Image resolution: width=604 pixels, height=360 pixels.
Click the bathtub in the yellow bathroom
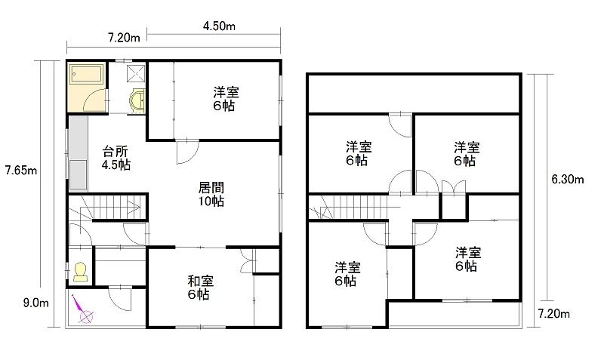(87, 73)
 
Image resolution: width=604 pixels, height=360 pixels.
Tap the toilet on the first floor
(80, 272)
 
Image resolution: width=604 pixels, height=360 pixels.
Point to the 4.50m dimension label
(219, 26)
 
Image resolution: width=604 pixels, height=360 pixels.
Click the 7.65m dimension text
(21, 170)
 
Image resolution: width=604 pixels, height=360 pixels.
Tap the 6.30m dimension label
(568, 179)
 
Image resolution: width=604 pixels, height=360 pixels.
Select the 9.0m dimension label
(35, 303)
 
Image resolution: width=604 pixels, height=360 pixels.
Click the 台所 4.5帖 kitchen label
(116, 158)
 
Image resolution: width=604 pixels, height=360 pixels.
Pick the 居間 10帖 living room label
(211, 195)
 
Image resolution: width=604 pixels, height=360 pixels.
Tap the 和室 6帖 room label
(200, 288)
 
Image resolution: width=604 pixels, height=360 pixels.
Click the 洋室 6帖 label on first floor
(226, 99)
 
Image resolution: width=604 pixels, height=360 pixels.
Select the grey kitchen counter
(79, 153)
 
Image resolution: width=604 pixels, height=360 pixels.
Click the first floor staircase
(105, 207)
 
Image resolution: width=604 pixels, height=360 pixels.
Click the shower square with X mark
(137, 72)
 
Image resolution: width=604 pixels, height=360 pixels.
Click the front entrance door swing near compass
(120, 297)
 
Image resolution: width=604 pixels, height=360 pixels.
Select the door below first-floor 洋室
(187, 152)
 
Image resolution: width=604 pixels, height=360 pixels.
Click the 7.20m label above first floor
(124, 38)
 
